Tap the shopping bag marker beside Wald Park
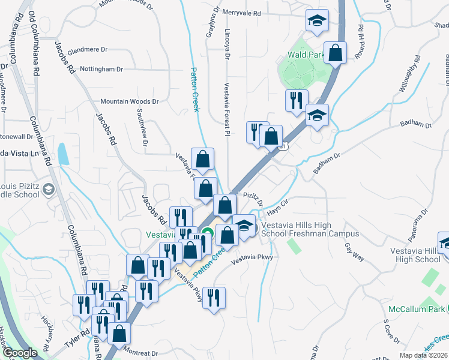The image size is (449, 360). pyautogui.click(x=335, y=52)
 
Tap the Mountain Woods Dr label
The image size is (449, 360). pyautogui.click(x=129, y=102)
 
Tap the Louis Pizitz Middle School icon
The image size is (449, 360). pyautogui.click(x=48, y=190)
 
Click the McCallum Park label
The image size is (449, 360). pyautogui.click(x=413, y=309)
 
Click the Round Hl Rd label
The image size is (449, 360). pyautogui.click(x=361, y=41)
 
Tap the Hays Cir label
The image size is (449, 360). pyautogui.click(x=278, y=204)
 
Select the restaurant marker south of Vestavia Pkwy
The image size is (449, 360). pyautogui.click(x=214, y=298)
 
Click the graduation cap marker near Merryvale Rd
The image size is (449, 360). pyautogui.click(x=316, y=21)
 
